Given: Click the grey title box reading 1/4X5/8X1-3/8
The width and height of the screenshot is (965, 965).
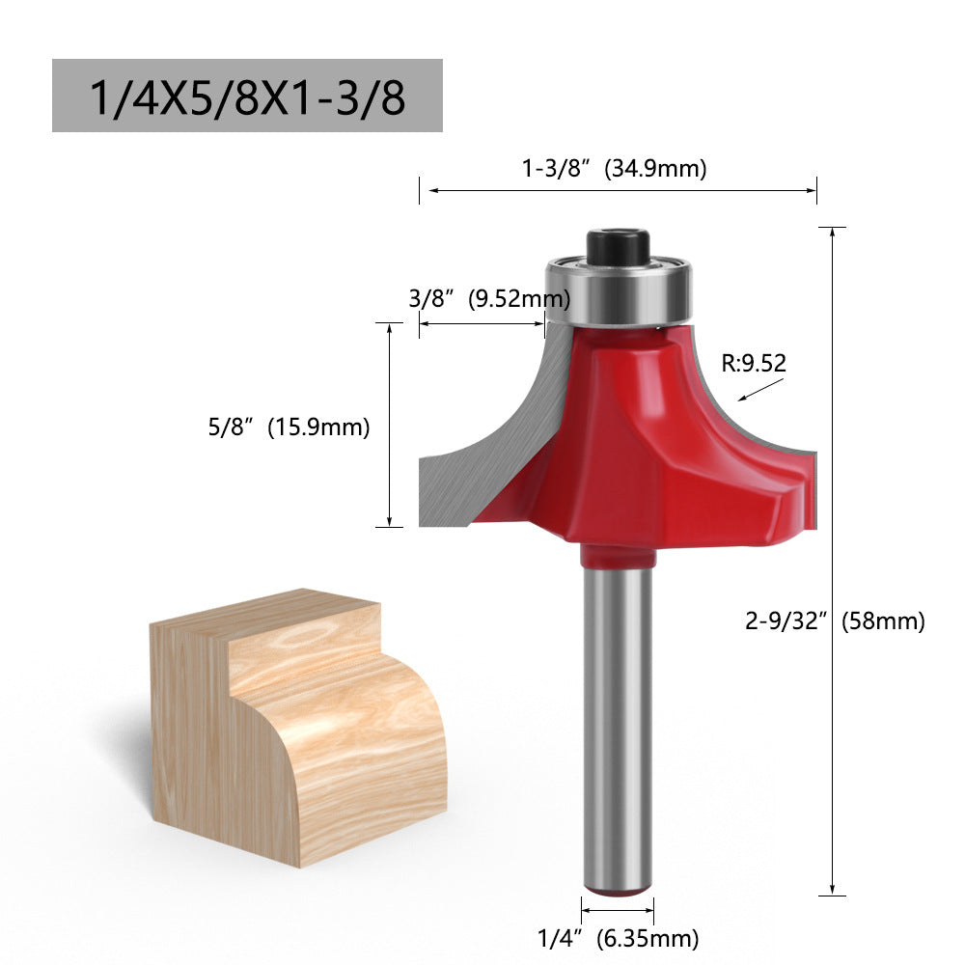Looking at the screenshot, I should pos(247,96).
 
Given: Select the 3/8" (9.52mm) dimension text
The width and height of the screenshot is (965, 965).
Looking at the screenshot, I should pos(477,299).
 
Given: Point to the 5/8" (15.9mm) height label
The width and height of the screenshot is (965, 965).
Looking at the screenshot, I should pos(289,427).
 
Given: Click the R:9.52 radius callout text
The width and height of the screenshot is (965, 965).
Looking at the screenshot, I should pos(754,364).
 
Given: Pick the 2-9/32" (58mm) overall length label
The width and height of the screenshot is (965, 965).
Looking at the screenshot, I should pos(835,620).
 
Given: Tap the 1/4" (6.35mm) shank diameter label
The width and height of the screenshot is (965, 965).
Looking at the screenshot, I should pos(618,936).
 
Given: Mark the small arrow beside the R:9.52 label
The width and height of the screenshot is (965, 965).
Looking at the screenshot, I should pos(759,390).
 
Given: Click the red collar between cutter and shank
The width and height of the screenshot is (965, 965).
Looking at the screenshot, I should pos(618,555).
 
